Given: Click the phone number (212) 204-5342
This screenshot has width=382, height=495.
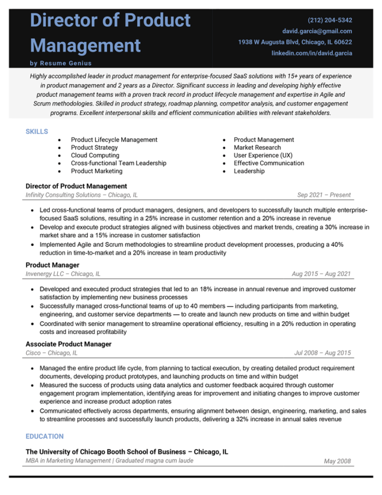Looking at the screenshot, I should click(x=330, y=20).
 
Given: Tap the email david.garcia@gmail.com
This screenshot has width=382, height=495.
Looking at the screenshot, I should click(x=317, y=31).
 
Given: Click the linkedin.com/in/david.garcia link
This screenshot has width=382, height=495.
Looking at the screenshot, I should click(x=312, y=53).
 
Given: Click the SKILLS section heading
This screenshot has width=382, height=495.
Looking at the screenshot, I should click(x=37, y=132).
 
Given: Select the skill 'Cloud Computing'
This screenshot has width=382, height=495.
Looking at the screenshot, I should click(x=96, y=155).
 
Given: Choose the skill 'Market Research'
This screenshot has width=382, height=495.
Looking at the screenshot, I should click(x=257, y=148).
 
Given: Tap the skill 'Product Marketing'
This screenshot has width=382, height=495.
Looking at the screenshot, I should click(x=97, y=171).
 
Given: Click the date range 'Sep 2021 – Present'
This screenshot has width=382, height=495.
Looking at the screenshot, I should click(x=324, y=195).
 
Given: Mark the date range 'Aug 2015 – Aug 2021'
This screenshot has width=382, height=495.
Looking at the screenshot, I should click(x=321, y=274).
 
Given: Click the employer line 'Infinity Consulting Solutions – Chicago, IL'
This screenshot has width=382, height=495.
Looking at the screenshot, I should click(x=82, y=195).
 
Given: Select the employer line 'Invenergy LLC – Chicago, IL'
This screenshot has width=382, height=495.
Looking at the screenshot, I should click(x=63, y=274).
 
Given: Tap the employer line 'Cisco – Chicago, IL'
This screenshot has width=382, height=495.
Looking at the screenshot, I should click(x=52, y=353).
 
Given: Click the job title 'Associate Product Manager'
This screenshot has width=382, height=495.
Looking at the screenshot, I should click(x=69, y=344).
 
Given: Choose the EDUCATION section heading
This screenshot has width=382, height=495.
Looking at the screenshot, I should click(x=45, y=437).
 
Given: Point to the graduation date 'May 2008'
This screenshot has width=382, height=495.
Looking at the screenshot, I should click(x=337, y=462).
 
